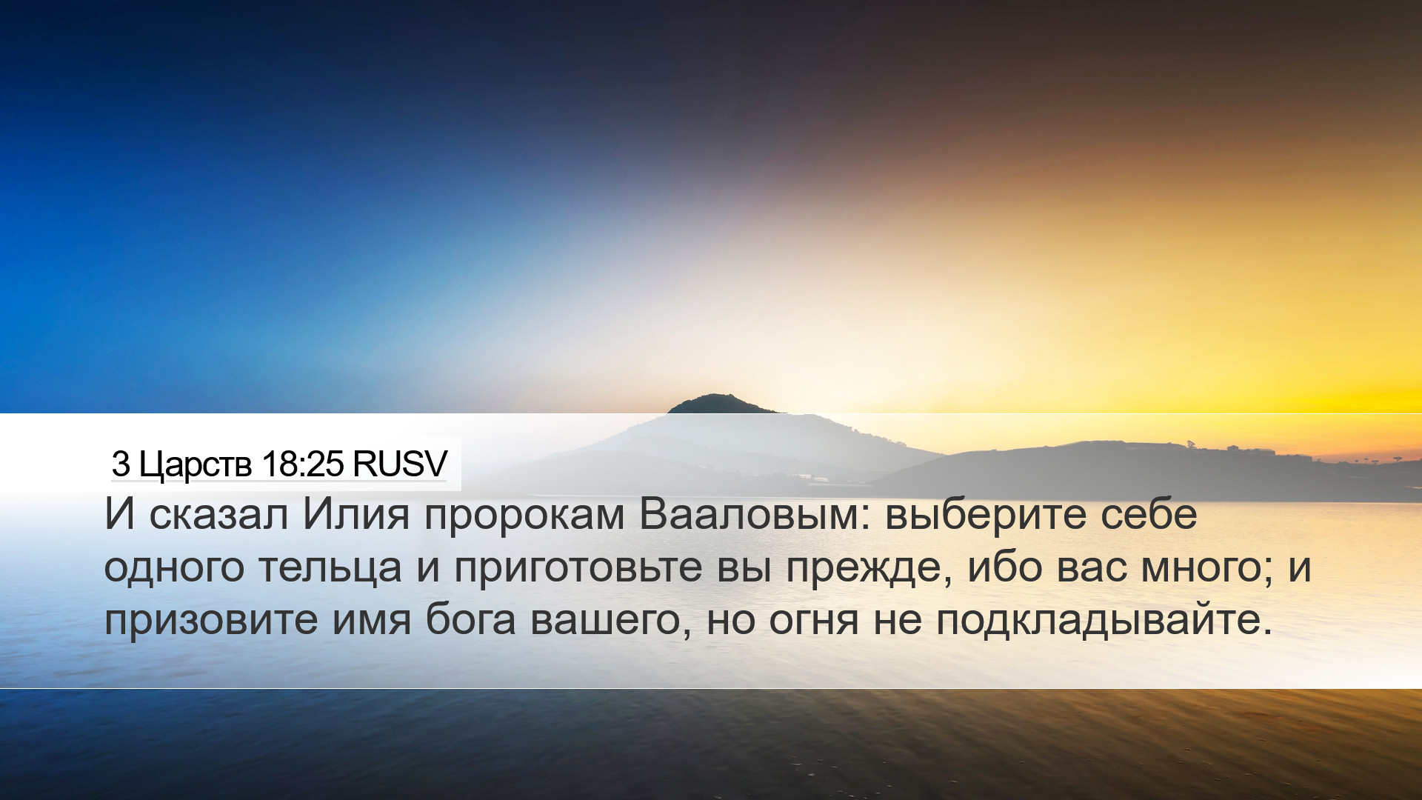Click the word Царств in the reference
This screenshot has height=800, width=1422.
196,464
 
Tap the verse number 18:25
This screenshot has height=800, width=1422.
303,464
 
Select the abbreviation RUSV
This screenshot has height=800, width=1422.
400,464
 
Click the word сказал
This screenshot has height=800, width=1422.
218,514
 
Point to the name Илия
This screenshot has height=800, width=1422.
356,514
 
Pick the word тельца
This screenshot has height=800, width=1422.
330,569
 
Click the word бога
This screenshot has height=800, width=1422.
470,619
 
